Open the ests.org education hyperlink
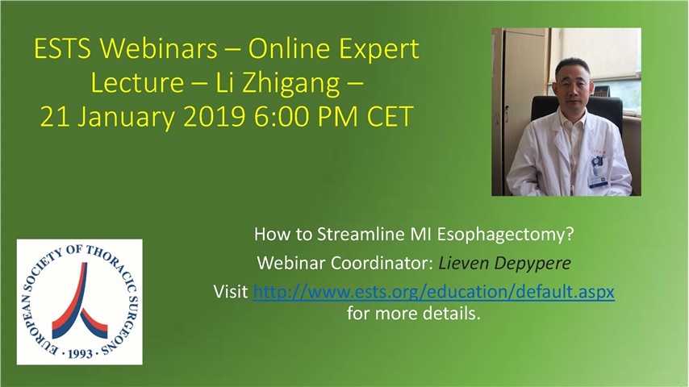(434, 293)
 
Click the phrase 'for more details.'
(413, 313)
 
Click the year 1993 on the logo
(79, 353)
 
